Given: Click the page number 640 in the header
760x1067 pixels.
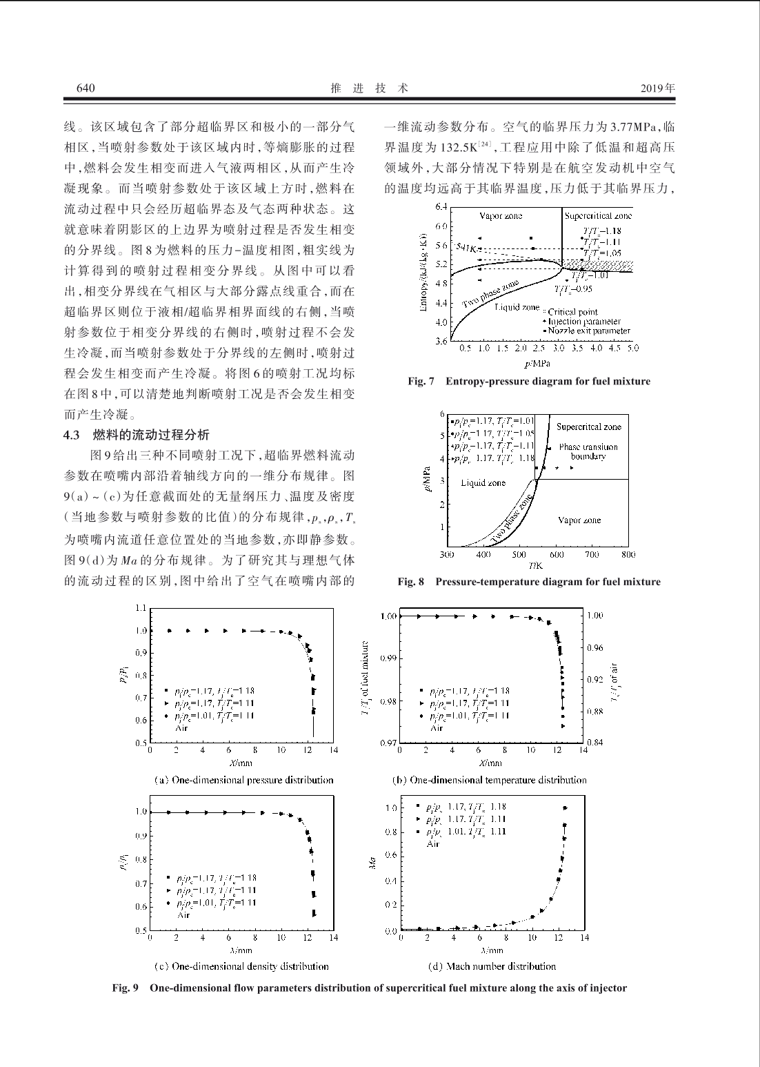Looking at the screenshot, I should click(85, 88).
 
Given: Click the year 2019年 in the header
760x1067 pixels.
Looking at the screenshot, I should click(657, 88).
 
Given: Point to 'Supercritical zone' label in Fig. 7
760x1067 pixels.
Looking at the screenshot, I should click(597, 216).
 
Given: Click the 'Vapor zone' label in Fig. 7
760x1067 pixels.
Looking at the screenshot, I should click(501, 216).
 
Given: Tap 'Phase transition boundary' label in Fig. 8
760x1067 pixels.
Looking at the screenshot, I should click(588, 451).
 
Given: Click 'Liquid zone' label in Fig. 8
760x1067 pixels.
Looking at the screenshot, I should click(483, 483).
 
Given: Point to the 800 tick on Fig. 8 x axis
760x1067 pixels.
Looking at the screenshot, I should click(628, 554).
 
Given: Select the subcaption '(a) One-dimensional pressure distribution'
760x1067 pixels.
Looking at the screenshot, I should click(243, 780).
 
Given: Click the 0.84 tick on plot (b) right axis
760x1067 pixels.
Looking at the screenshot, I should click(595, 743).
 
